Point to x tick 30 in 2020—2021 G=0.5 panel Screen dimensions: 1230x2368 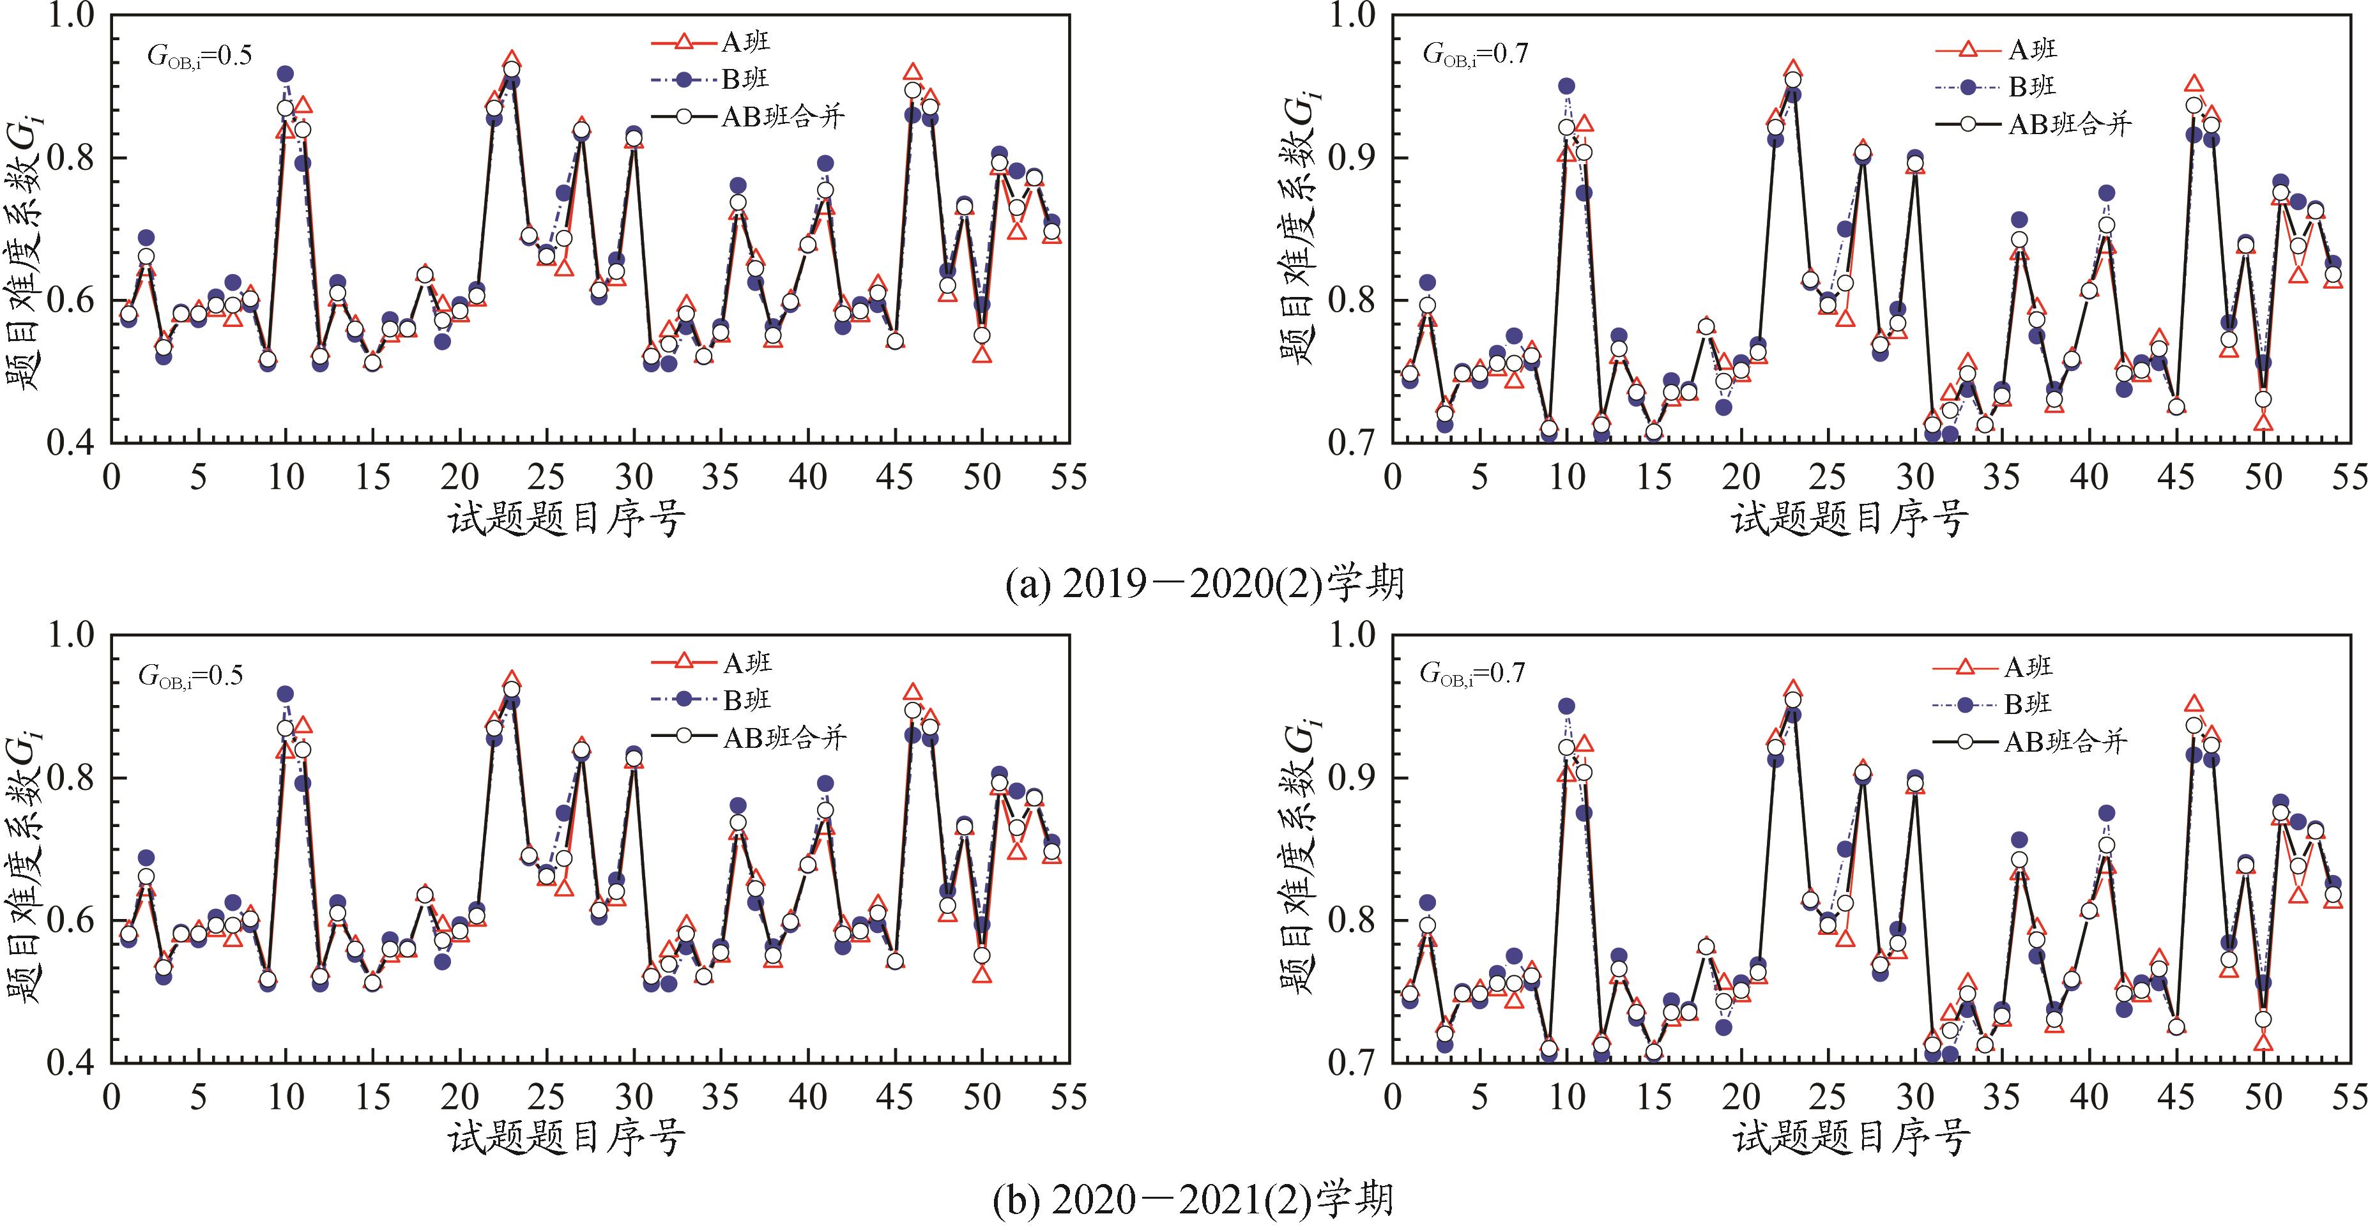634,1097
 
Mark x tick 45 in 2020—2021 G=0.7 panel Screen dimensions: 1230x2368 2176,1097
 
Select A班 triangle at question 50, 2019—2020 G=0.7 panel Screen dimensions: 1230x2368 2263,423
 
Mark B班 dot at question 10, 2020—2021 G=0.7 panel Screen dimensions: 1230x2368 1566,706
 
